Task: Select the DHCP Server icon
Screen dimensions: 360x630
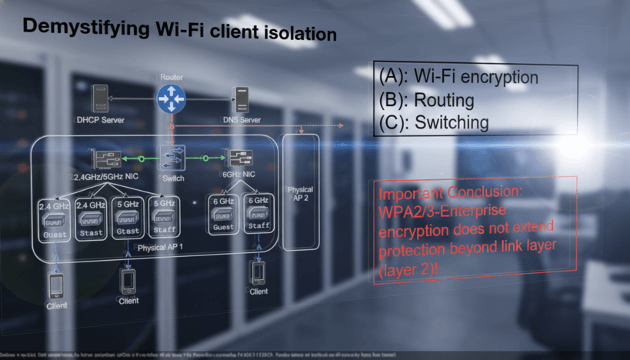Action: click(99, 98)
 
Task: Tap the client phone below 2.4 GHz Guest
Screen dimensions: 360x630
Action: click(56, 285)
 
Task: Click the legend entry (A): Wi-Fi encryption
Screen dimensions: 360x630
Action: click(458, 77)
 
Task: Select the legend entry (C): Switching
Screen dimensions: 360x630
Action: click(434, 122)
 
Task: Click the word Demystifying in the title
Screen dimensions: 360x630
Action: click(82, 29)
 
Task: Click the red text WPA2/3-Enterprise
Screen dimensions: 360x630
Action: click(439, 212)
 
